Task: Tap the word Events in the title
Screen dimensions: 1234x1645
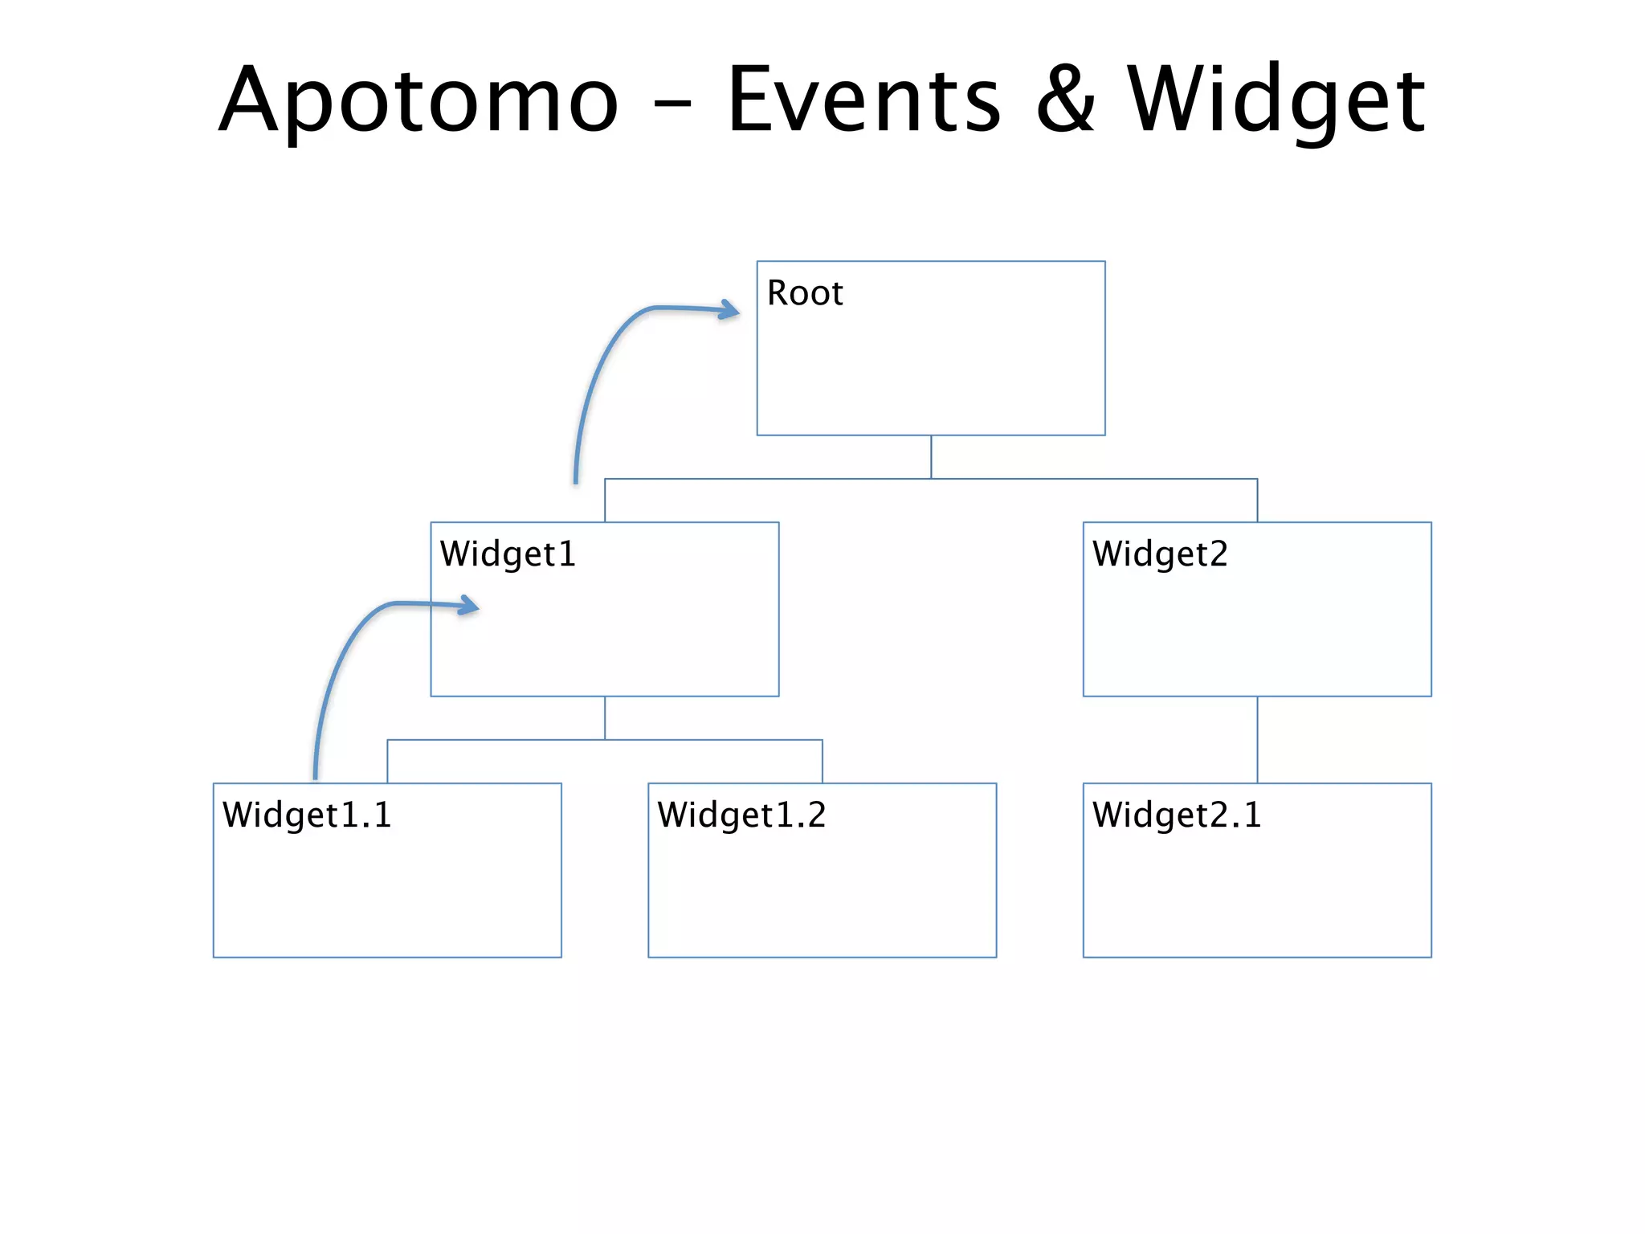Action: tap(863, 101)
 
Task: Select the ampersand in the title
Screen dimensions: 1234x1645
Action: tap(1065, 101)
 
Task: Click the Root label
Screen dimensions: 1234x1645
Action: tap(804, 293)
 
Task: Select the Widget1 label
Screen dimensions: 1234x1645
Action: tap(508, 554)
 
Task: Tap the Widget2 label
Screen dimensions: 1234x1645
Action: tap(1160, 554)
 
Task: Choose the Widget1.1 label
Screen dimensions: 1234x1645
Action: tap(307, 815)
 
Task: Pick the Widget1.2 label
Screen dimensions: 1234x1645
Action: tap(741, 815)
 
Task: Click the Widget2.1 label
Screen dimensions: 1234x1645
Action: tap(1177, 815)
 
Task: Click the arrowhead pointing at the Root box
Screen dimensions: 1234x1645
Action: tap(731, 310)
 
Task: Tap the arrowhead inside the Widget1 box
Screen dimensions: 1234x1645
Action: tap(470, 606)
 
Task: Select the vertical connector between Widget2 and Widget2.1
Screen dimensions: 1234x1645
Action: tap(1257, 739)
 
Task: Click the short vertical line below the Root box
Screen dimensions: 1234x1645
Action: tap(931, 456)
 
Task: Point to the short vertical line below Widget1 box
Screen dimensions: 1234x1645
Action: tap(605, 717)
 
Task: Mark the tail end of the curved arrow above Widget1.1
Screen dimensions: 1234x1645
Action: tap(316, 775)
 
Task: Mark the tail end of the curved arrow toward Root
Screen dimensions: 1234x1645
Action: tap(576, 480)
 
